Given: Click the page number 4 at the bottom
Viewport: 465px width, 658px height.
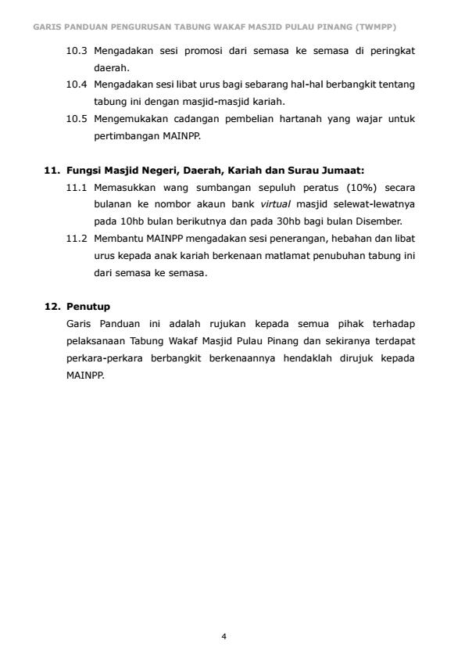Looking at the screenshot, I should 224,636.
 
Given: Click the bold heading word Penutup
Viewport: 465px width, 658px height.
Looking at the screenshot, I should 88,306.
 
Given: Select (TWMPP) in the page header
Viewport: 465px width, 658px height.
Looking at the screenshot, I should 375,27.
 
